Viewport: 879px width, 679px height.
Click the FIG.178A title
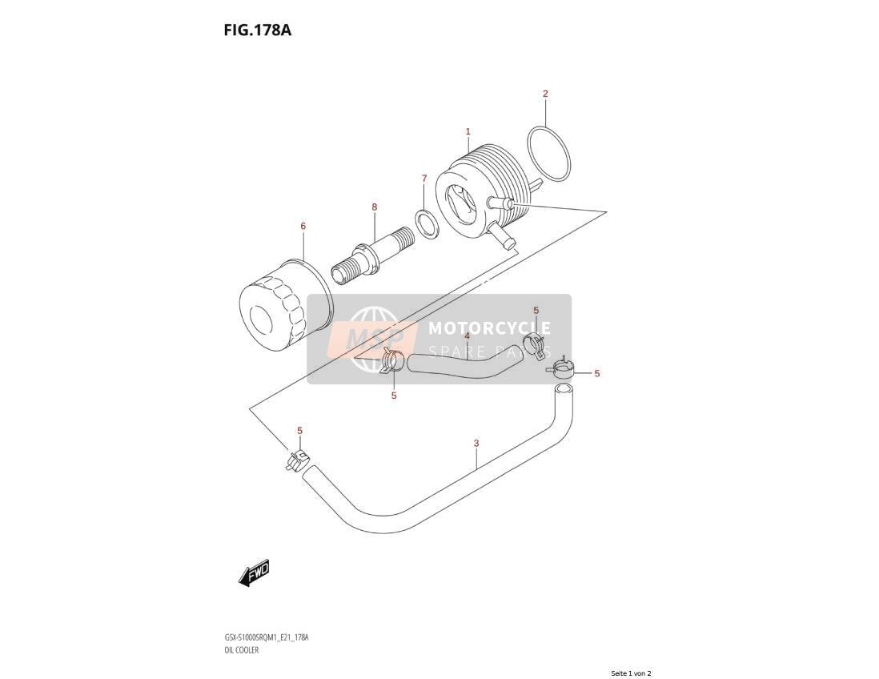pyautogui.click(x=257, y=30)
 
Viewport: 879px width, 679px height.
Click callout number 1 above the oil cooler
pyautogui.click(x=468, y=131)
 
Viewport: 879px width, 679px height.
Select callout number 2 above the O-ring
pyautogui.click(x=545, y=94)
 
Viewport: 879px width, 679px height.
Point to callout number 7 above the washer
pyautogui.click(x=424, y=179)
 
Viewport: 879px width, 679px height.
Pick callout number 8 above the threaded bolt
pyautogui.click(x=375, y=207)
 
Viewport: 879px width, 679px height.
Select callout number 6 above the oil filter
pyautogui.click(x=303, y=226)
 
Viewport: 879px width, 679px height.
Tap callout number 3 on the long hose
pyautogui.click(x=476, y=443)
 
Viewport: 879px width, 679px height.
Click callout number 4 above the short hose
pyautogui.click(x=467, y=335)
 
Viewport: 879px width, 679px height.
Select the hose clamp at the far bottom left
pyautogui.click(x=297, y=461)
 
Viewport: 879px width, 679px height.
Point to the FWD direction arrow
pyautogui.click(x=254, y=573)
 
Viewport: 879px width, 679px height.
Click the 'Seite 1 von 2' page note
pyautogui.click(x=631, y=673)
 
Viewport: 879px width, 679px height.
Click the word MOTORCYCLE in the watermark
pyautogui.click(x=489, y=328)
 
